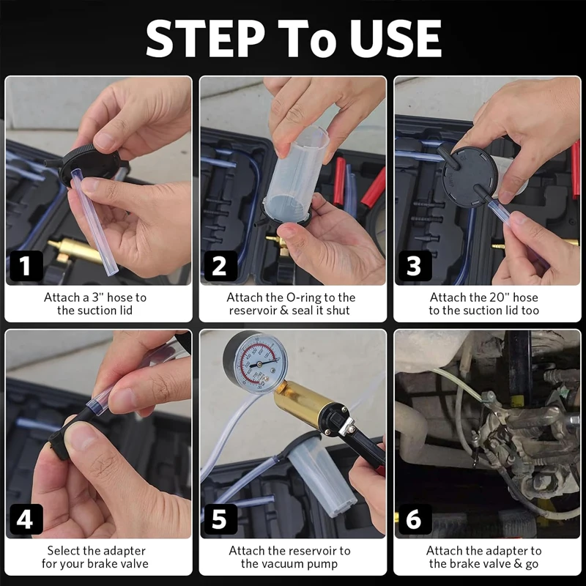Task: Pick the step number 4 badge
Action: click(26, 519)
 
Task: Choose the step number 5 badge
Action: click(219, 519)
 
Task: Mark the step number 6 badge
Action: click(414, 519)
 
